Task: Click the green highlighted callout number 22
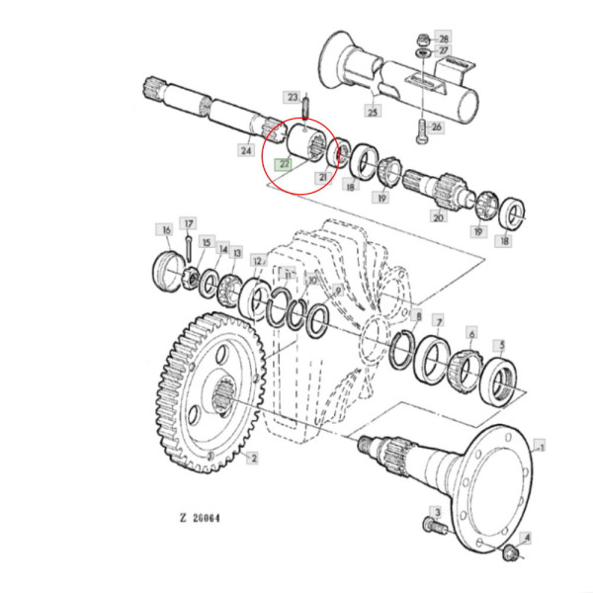[x=284, y=164]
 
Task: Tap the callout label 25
[x=372, y=111]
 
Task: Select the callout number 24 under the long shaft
[x=245, y=151]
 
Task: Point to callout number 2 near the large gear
[x=253, y=459]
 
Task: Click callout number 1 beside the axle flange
[x=540, y=447]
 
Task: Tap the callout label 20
[x=438, y=216]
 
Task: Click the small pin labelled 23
[x=306, y=101]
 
